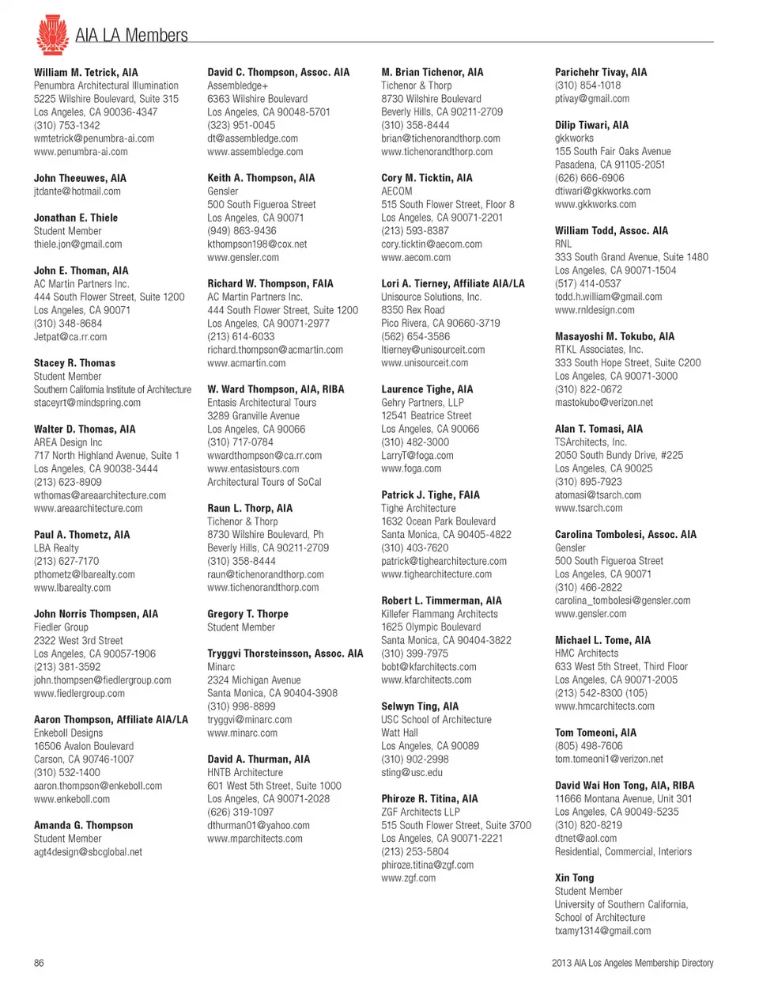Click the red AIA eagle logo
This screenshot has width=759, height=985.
[x=52, y=34]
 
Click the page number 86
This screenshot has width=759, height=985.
[x=39, y=963]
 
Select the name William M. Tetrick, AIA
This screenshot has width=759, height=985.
[x=85, y=72]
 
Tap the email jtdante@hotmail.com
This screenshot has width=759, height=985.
[x=77, y=191]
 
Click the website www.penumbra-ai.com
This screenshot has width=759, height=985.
[x=80, y=152]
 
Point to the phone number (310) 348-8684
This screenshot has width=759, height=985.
[x=67, y=324]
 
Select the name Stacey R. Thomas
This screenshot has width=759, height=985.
[x=74, y=363]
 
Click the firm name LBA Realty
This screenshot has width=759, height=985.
[x=56, y=548]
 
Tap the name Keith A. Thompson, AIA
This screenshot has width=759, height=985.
[x=261, y=178]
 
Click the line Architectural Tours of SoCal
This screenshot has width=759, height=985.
[x=264, y=482]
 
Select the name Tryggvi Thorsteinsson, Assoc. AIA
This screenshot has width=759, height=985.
[x=285, y=654]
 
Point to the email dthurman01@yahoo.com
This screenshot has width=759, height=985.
[x=259, y=825]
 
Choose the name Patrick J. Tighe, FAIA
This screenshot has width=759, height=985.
[x=430, y=495]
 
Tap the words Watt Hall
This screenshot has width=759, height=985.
[x=399, y=733]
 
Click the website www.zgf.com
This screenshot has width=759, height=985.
[x=408, y=878]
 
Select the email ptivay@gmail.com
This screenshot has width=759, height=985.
[x=591, y=99]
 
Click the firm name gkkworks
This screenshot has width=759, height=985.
[x=574, y=138]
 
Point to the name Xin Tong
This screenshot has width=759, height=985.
[x=574, y=878]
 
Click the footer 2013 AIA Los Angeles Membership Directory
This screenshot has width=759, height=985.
[x=632, y=963]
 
